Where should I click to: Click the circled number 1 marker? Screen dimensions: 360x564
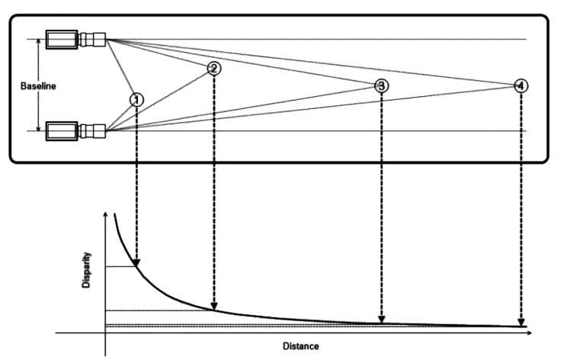point(136,99)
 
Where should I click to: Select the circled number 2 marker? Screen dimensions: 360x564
point(213,68)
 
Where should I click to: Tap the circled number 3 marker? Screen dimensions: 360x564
point(381,85)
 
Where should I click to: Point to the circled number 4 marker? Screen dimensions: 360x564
point(520,85)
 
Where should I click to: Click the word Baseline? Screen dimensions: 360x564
point(38,86)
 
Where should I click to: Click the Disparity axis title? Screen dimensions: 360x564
point(87,269)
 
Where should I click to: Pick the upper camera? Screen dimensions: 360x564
point(75,38)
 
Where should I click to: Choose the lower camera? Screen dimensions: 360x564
point(75,131)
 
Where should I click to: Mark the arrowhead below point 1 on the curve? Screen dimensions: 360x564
point(136,262)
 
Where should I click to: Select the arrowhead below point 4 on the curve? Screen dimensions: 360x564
point(521,323)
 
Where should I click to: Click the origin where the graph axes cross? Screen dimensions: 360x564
point(105,333)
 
